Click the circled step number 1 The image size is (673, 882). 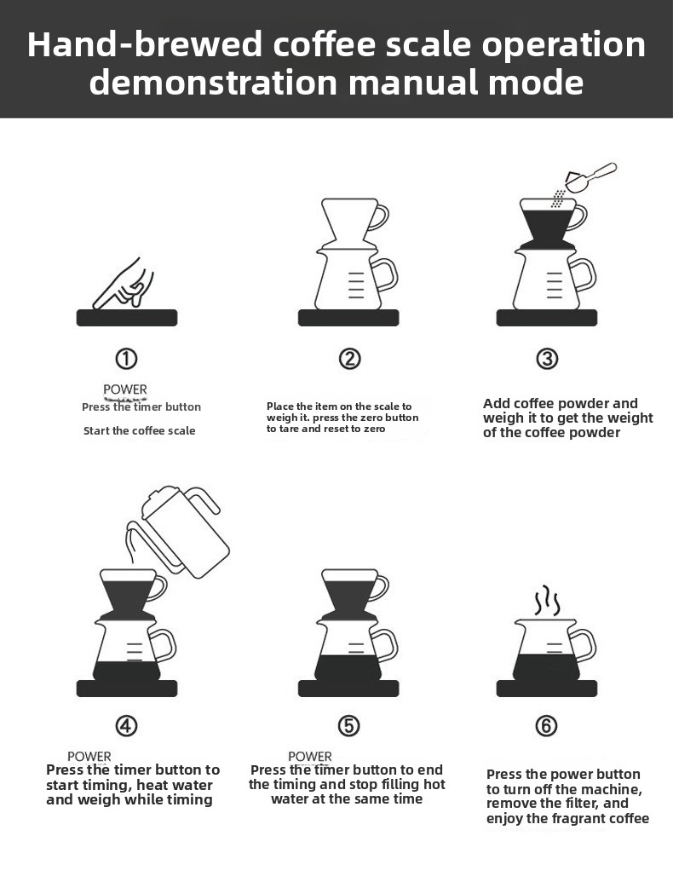tap(126, 359)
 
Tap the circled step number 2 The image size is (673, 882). tap(350, 359)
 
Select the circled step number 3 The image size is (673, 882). tap(547, 359)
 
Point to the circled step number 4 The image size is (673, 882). tap(126, 725)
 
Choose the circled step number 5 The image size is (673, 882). tap(348, 725)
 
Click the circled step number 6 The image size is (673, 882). tap(547, 725)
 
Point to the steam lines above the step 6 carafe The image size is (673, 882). tap(547, 602)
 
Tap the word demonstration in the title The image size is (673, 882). tap(213, 82)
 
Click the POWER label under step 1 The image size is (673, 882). tap(125, 389)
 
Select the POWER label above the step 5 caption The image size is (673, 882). tap(310, 757)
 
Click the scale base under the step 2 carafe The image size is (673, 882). tap(348, 318)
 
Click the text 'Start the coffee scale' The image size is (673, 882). tap(140, 431)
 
